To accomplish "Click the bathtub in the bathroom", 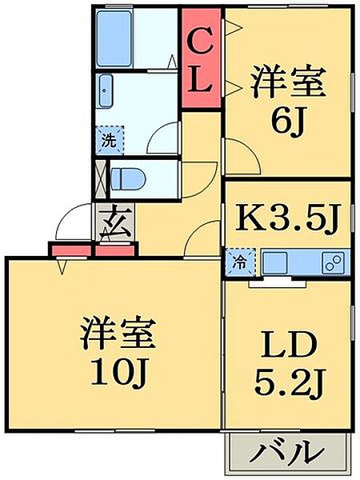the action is (114, 39).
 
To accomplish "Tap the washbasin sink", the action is (106, 91).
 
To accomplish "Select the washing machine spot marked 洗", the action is (110, 139).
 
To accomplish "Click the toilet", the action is (127, 178).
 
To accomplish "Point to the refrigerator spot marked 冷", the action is (240, 262).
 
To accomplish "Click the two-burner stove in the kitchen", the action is (334, 262).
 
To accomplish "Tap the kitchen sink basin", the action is (275, 262).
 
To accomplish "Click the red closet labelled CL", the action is (201, 58).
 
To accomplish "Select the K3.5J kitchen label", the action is (288, 218).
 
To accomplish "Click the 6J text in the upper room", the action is (287, 122).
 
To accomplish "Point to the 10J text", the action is (121, 371).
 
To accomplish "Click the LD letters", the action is (288, 345).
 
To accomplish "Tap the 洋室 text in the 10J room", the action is (118, 333).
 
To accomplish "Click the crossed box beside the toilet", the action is (101, 179).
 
